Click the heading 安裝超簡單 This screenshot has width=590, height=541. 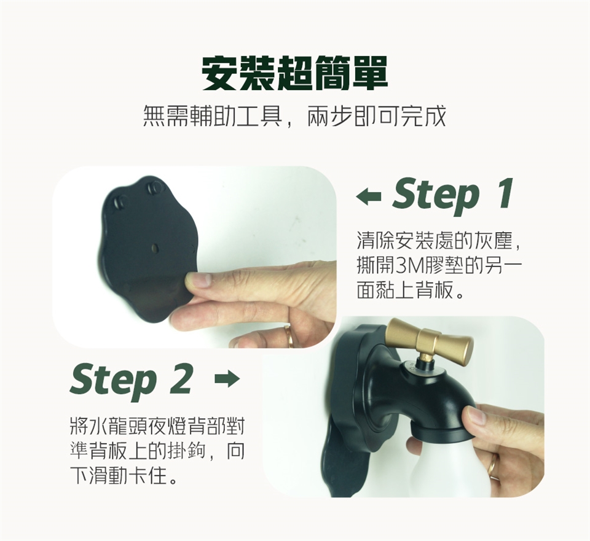click(x=294, y=73)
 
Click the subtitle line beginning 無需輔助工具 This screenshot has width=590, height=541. click(x=294, y=116)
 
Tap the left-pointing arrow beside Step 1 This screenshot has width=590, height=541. click(x=369, y=197)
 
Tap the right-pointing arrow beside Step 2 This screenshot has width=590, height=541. click(x=227, y=379)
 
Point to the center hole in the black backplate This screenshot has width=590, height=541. click(x=155, y=247)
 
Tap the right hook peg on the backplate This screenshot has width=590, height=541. click(x=153, y=188)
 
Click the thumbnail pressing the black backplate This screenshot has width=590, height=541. click(x=197, y=281)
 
